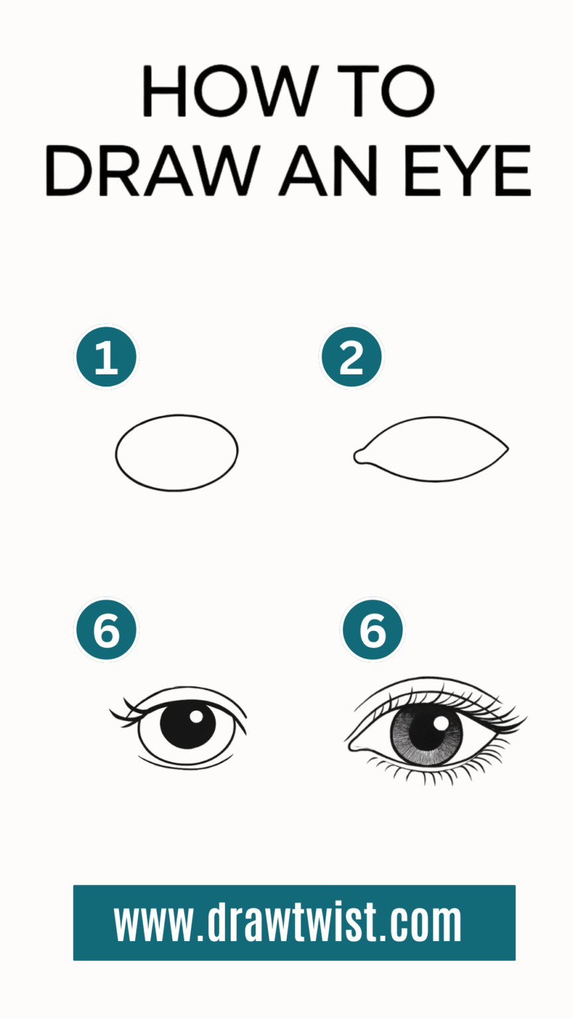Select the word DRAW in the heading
tap(152, 170)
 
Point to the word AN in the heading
tap(328, 170)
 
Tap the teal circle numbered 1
tap(106, 357)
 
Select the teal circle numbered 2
tap(351, 357)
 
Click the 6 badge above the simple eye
tap(106, 630)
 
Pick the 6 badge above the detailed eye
tap(372, 630)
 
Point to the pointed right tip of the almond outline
tap(507, 449)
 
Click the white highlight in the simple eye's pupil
tap(196, 716)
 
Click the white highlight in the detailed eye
tap(440, 724)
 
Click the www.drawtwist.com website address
tap(288, 922)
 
